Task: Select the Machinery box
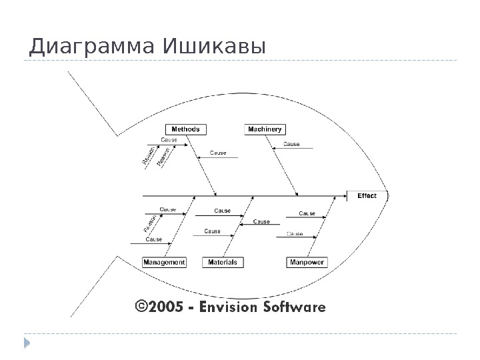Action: tap(265, 129)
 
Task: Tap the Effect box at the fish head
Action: tap(367, 196)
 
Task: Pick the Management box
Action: tap(164, 263)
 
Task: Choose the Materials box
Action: tap(223, 263)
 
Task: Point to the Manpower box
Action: tap(307, 263)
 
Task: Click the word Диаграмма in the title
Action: tap(90, 47)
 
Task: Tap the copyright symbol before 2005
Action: tap(141, 307)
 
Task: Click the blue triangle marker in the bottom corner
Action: tap(27, 343)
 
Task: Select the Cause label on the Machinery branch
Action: tap(292, 144)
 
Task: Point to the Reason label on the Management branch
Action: tap(149, 223)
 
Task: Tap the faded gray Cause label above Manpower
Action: tap(295, 234)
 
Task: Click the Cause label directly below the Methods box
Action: tap(169, 140)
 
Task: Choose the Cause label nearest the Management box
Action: tap(154, 239)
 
